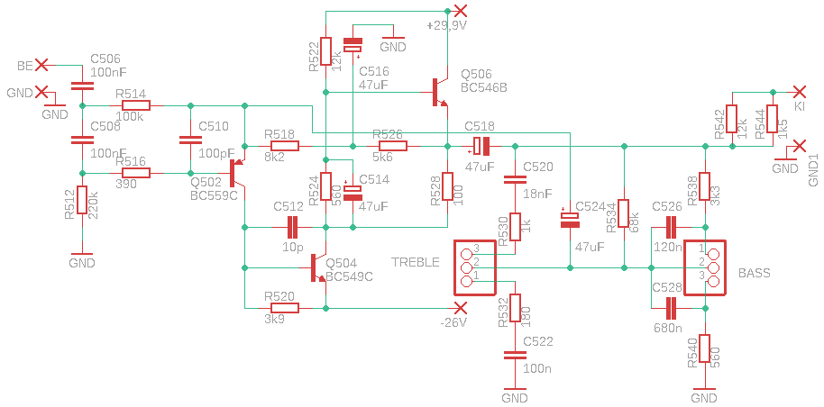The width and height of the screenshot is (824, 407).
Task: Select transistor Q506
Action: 439,93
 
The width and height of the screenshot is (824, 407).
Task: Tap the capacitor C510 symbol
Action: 190,140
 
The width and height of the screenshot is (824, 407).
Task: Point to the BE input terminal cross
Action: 41,65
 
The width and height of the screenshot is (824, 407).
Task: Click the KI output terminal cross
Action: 800,92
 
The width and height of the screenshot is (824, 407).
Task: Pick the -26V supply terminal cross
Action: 461,308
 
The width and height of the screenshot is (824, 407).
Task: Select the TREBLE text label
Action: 415,262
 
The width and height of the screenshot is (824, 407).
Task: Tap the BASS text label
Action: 755,273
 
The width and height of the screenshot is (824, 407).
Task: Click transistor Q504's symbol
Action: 317,267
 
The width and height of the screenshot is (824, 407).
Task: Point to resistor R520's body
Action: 284,308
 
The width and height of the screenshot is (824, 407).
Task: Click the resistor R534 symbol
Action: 624,213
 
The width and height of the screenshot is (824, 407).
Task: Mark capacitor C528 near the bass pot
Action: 671,308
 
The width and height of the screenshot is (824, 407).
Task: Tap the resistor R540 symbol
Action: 704,348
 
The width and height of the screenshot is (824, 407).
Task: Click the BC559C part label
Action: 214,196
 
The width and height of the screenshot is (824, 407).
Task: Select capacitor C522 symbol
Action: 515,356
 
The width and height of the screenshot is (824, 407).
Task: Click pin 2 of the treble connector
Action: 465,267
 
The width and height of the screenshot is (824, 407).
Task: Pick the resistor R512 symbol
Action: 82,200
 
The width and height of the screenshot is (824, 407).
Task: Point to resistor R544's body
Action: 772,119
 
